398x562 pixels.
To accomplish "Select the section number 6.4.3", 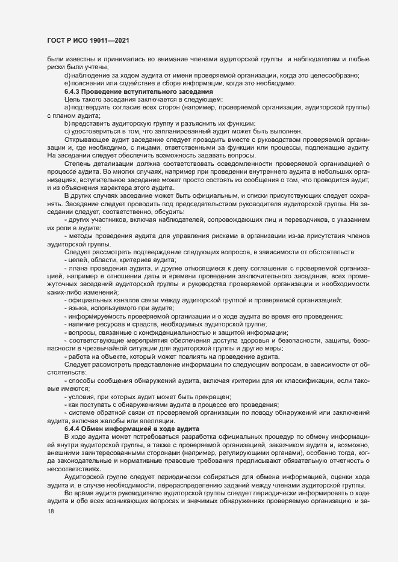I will click(73, 91).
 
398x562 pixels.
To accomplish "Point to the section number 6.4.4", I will click(73, 429).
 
